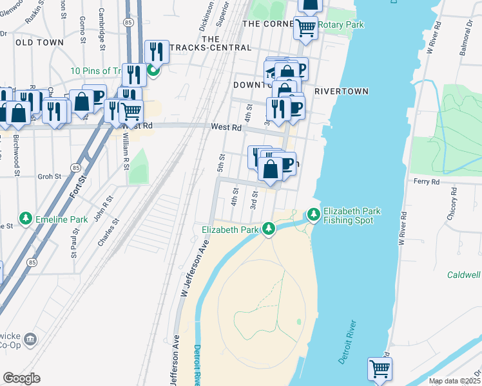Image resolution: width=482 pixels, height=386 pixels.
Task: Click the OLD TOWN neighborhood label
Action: (39, 42)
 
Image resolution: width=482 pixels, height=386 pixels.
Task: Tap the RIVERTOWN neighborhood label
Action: (341, 91)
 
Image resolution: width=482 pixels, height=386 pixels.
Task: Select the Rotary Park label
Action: (342, 25)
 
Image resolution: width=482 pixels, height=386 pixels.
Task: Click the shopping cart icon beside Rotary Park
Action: (305, 27)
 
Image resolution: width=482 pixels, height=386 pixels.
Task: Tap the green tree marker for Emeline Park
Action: (26, 219)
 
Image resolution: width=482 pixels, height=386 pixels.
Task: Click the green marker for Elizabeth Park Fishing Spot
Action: (313, 213)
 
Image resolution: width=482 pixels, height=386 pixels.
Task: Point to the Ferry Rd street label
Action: (426, 182)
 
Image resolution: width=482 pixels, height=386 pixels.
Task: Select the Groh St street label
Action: (49, 176)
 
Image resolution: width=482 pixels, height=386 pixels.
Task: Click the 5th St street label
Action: (221, 163)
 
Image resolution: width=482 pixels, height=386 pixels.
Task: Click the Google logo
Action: (21, 378)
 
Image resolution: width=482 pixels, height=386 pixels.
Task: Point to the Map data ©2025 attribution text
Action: (454, 381)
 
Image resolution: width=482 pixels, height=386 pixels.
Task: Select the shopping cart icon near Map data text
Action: (380, 369)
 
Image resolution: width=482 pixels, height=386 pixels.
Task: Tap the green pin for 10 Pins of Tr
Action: (153, 70)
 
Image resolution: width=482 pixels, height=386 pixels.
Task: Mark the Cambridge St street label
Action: (102, 28)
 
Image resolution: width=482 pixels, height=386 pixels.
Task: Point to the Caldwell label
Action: (464, 275)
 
